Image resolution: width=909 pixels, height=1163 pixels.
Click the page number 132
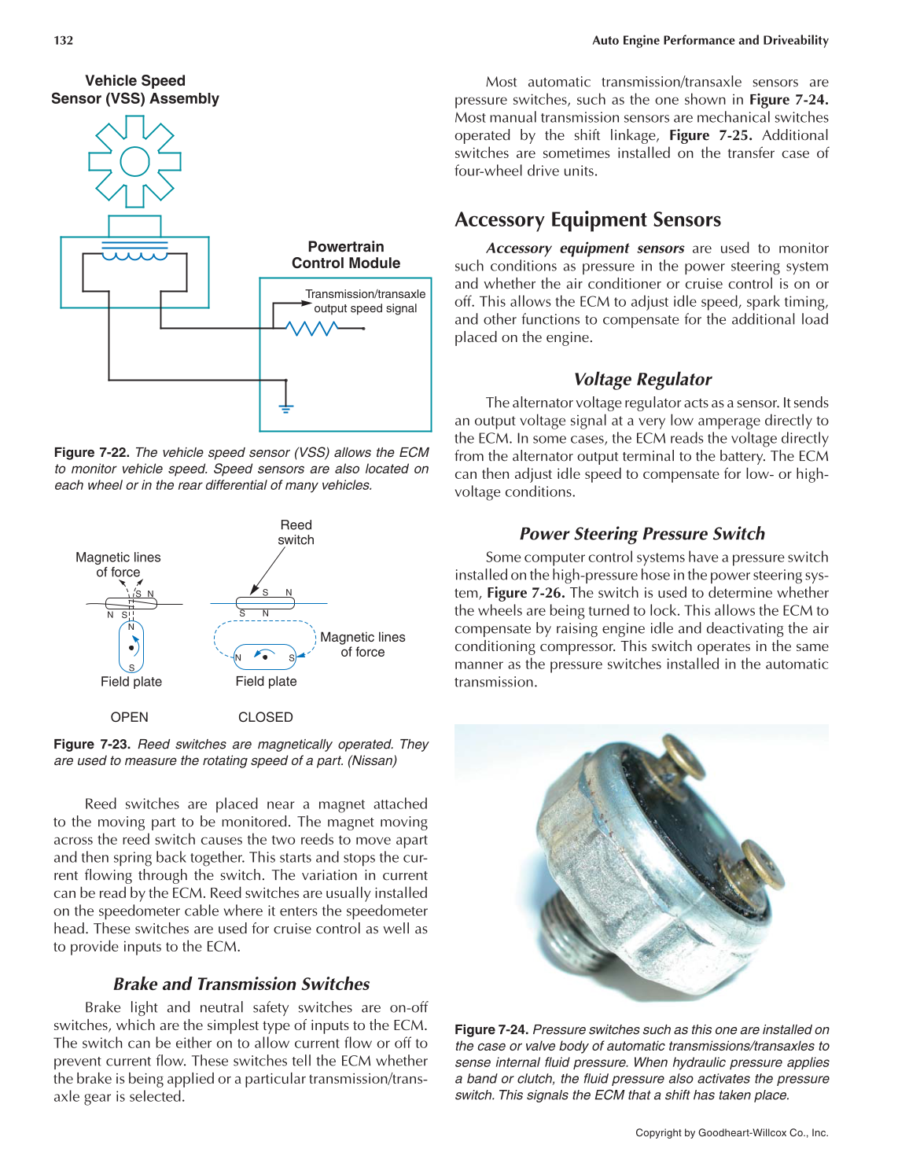(63, 40)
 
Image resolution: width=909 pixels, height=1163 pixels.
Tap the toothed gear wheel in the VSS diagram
(134, 162)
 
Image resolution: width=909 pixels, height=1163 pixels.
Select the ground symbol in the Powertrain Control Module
(286, 407)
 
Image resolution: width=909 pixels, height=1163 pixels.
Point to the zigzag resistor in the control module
(313, 328)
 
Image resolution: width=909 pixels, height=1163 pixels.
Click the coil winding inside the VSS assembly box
(134, 256)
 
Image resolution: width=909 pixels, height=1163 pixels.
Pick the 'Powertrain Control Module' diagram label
(346, 255)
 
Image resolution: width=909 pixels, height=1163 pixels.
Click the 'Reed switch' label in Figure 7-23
(296, 532)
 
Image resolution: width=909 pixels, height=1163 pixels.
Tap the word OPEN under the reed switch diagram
(130, 717)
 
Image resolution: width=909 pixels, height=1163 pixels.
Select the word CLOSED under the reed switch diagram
(266, 717)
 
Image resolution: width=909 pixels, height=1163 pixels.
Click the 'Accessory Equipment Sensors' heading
(587, 219)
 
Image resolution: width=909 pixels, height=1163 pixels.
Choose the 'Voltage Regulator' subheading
(642, 379)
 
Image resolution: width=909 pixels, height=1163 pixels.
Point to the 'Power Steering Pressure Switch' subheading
(642, 534)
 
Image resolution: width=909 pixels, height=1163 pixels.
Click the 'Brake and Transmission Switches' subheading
(241, 984)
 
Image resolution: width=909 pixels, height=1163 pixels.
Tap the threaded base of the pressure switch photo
(578, 940)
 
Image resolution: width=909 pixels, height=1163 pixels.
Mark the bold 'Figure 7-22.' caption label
(91, 452)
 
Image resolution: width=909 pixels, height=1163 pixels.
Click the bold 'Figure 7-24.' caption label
(491, 1029)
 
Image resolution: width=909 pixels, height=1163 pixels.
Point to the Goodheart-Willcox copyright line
(731, 1133)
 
